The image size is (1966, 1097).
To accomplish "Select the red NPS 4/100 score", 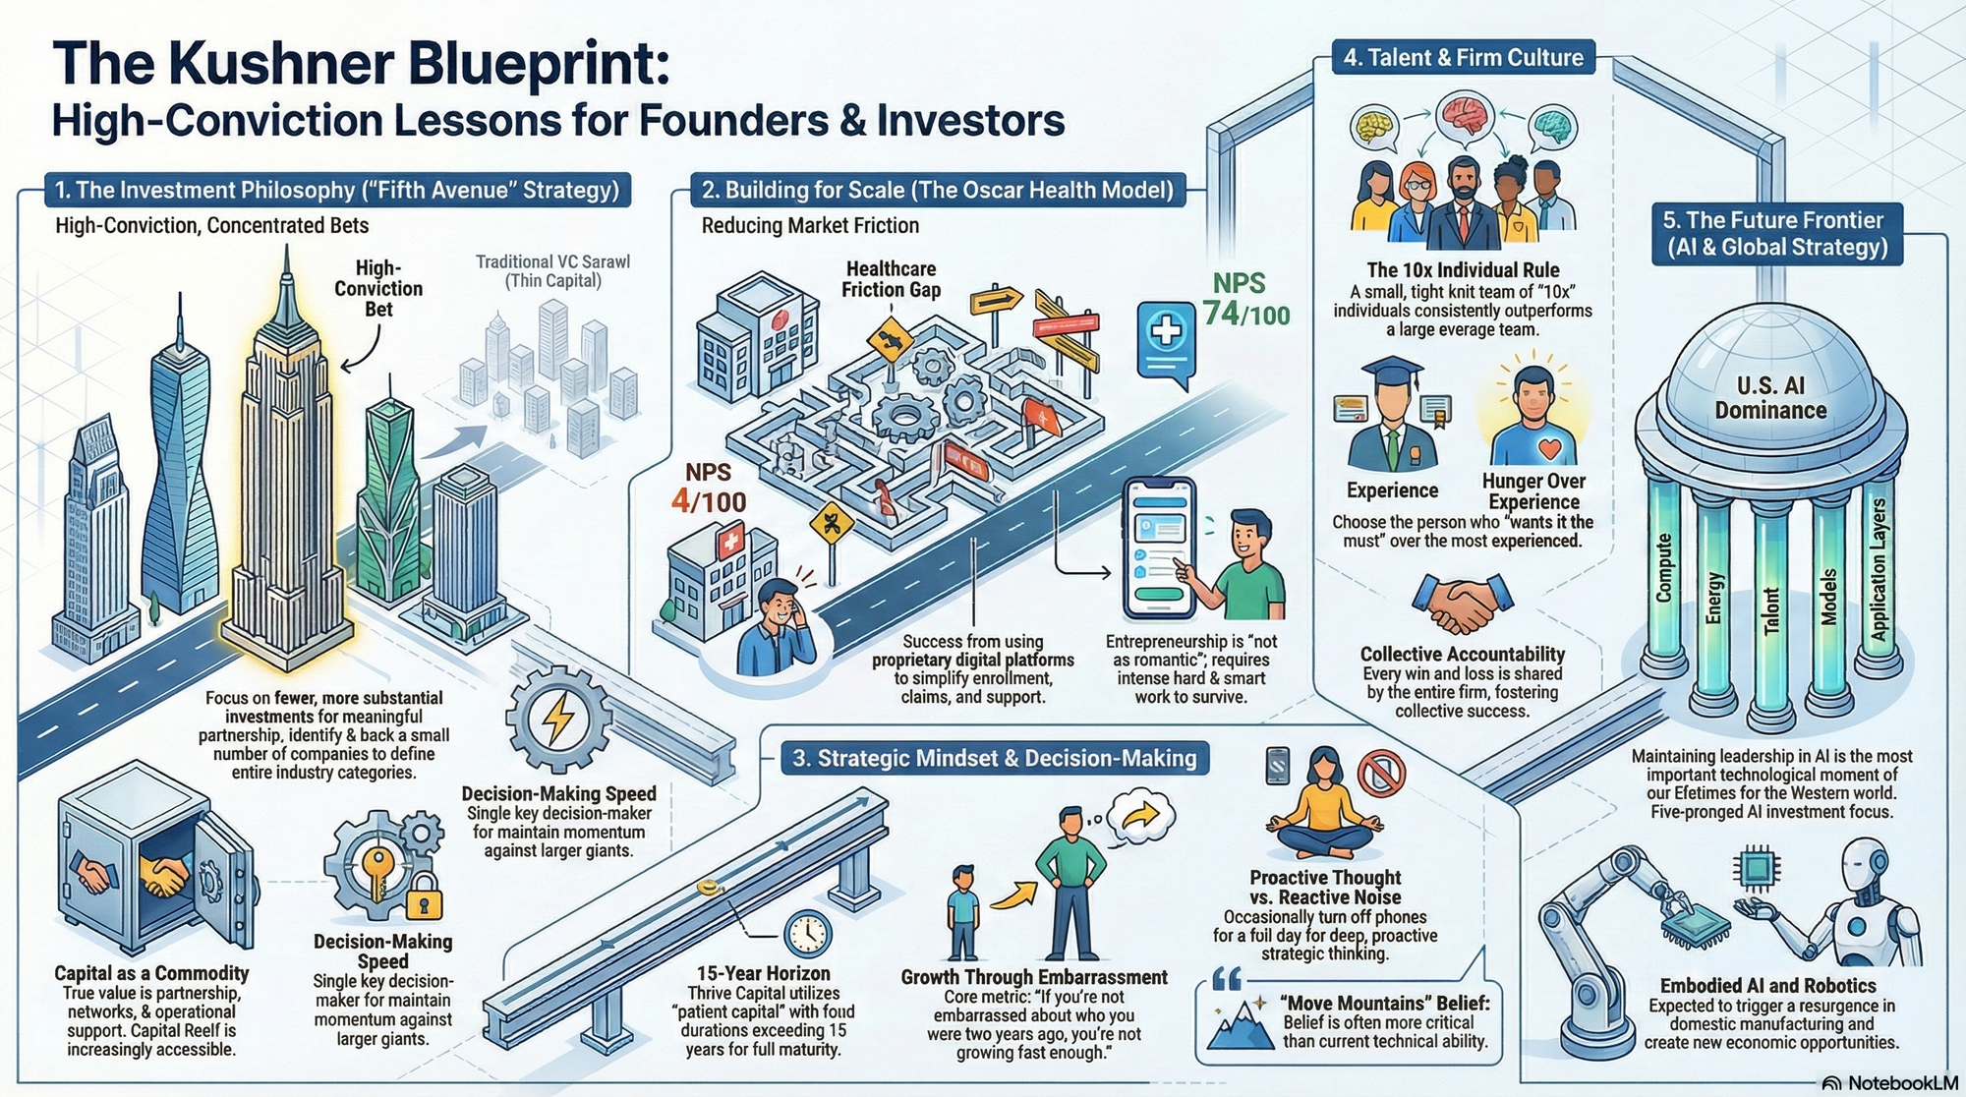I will coord(709,489).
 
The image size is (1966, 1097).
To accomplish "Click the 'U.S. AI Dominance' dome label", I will coord(1770,397).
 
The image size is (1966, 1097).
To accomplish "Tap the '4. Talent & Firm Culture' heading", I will coord(1463,58).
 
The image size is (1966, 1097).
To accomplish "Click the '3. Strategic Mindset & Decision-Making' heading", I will coord(995,758).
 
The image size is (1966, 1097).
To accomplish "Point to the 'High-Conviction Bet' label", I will coord(378,288).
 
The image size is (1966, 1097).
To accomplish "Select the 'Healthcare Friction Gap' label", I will coord(891,279).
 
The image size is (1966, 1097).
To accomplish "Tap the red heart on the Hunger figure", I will coord(1549,448).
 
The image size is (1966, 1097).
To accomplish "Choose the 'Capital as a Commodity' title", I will coord(151,973).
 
